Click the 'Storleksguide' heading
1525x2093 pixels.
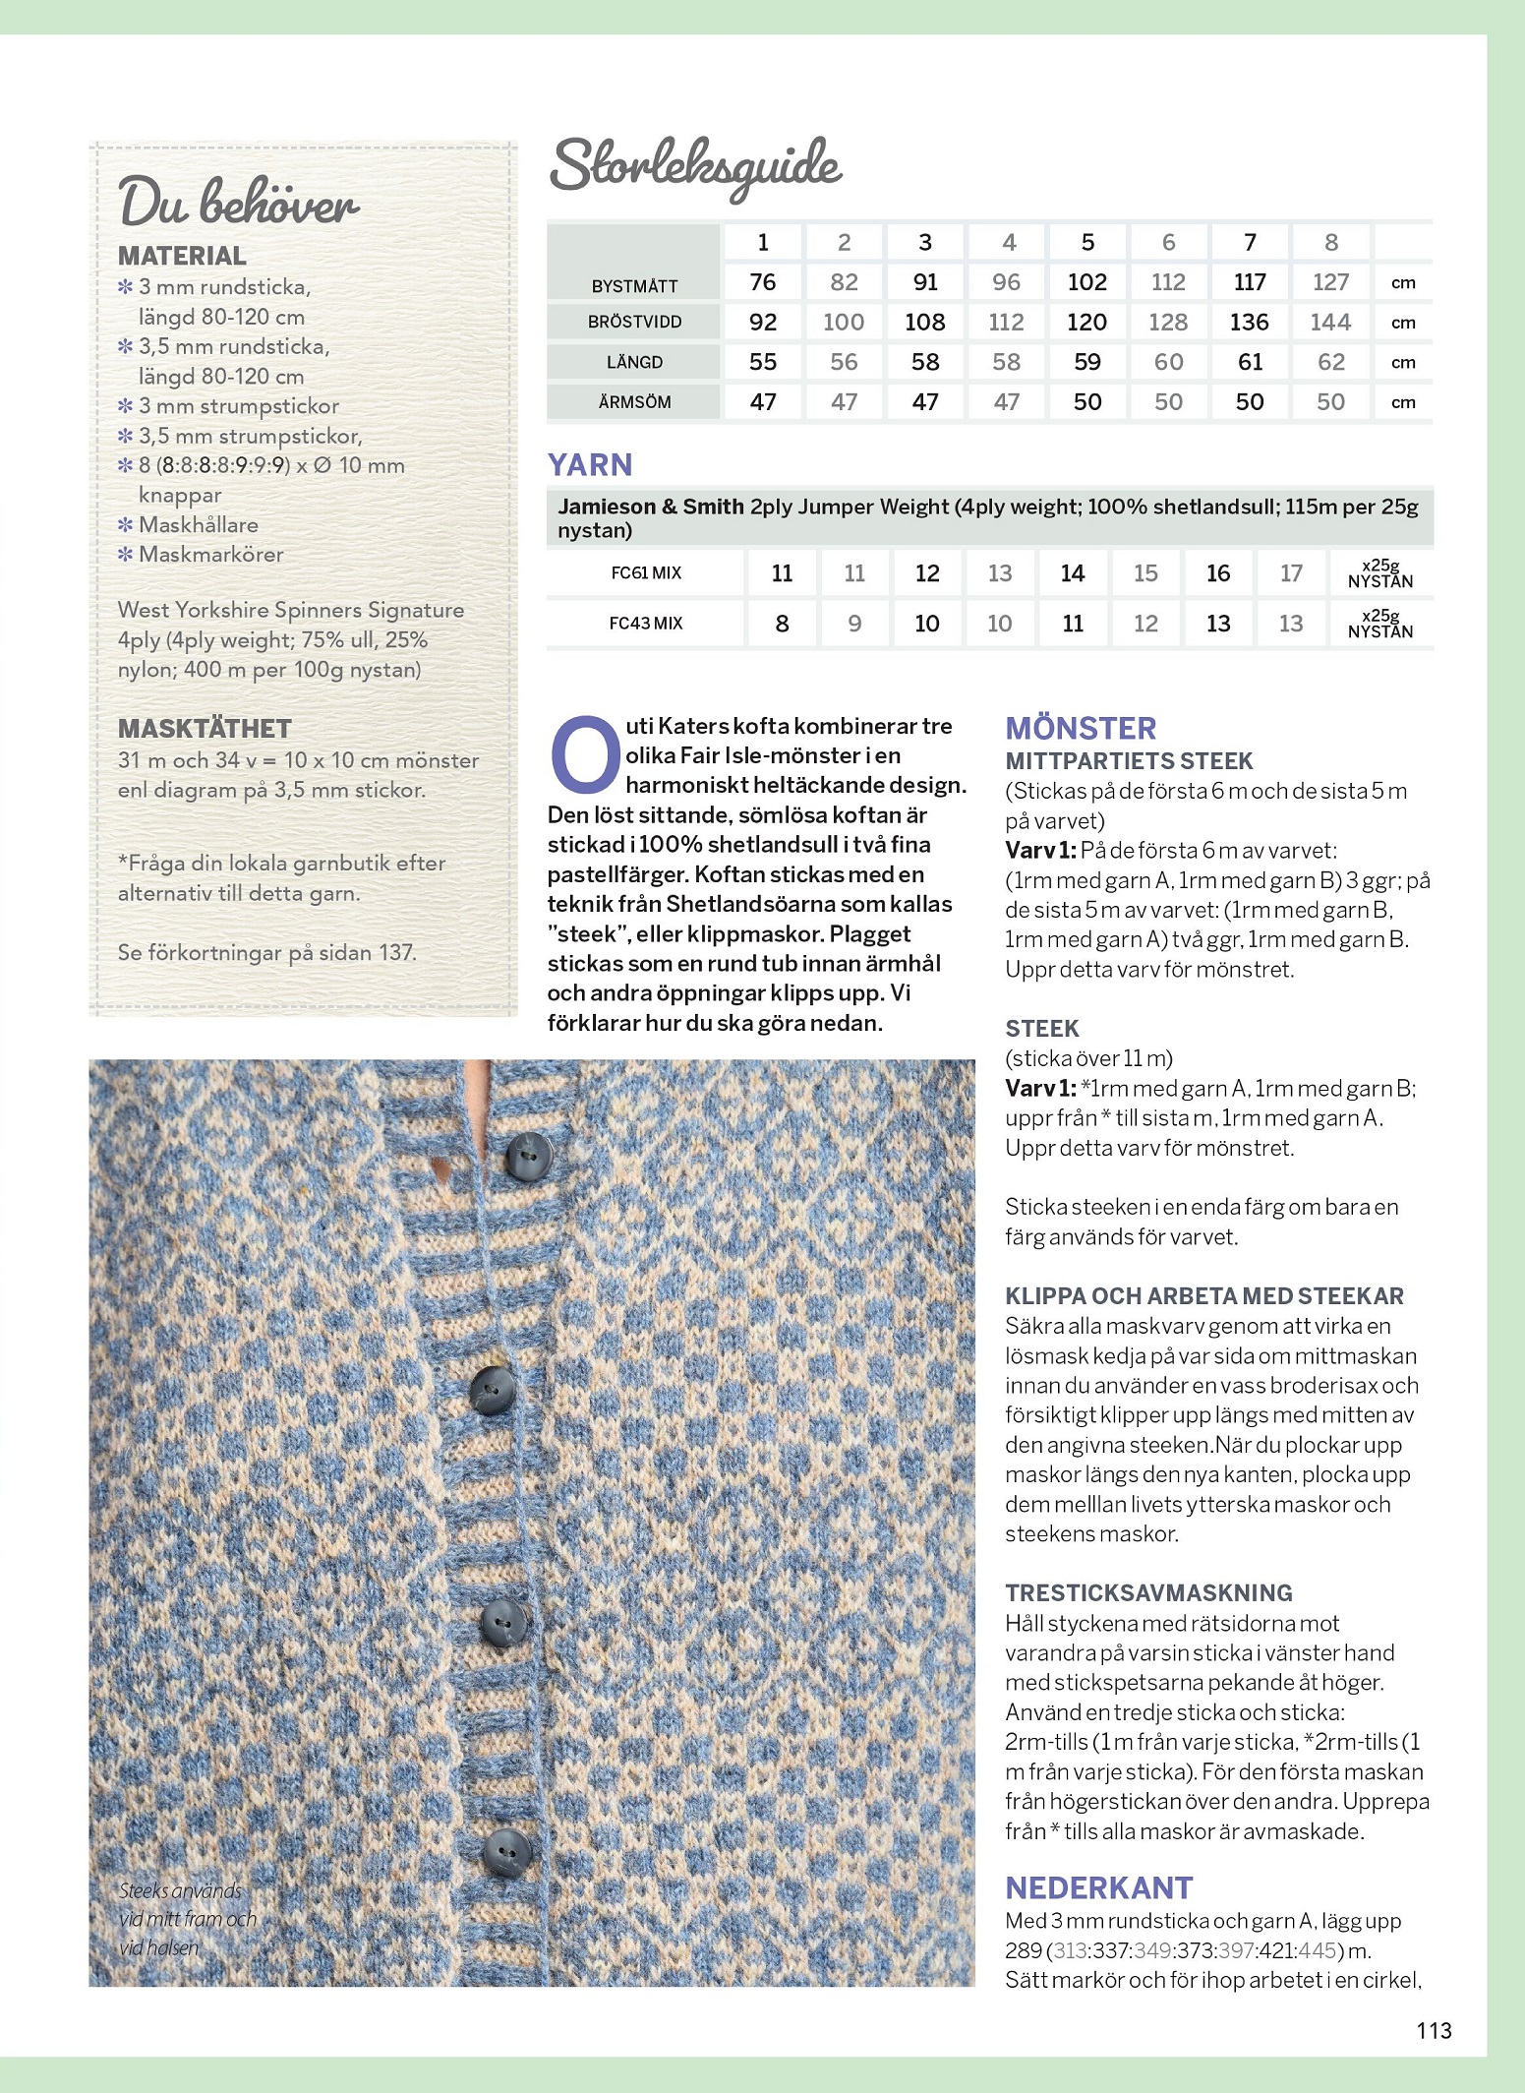pyautogui.click(x=695, y=166)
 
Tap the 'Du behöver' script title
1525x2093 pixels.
pyautogui.click(x=238, y=203)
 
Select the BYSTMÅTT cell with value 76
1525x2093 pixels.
pyautogui.click(x=762, y=282)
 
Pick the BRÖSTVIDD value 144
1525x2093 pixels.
pyautogui.click(x=1330, y=323)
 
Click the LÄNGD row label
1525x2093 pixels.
pyautogui.click(x=634, y=362)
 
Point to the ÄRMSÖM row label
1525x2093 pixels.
pyautogui.click(x=634, y=402)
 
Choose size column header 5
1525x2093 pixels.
pyautogui.click(x=1087, y=242)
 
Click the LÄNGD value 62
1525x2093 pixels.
pyautogui.click(x=1330, y=362)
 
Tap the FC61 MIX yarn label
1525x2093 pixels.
pyautogui.click(x=646, y=573)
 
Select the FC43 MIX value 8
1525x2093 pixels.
pyautogui.click(x=782, y=624)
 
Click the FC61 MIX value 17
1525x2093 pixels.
pyautogui.click(x=1291, y=573)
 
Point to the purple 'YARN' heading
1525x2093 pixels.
pyautogui.click(x=590, y=465)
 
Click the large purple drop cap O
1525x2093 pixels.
pyautogui.click(x=585, y=755)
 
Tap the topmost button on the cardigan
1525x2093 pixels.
pyautogui.click(x=527, y=1155)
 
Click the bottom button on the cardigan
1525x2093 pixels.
pyautogui.click(x=507, y=1852)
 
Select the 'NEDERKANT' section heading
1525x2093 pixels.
pyautogui.click(x=1098, y=1888)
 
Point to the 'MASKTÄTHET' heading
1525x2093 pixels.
pyautogui.click(x=205, y=729)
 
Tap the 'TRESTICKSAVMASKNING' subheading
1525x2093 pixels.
pyautogui.click(x=1148, y=1593)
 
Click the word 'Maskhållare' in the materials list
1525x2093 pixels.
pyautogui.click(x=199, y=525)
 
